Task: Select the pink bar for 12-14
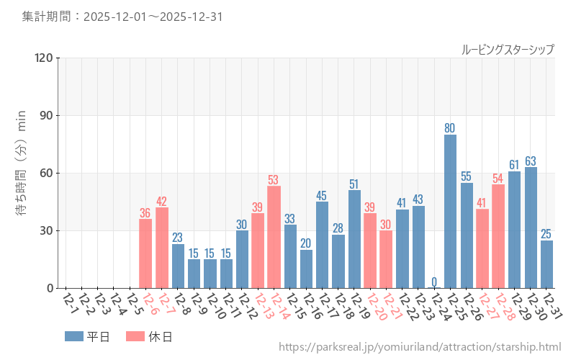click(x=274, y=237)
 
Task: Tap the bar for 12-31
click(x=547, y=264)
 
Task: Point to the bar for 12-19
click(x=354, y=239)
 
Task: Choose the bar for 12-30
click(x=531, y=228)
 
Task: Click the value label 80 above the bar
click(x=450, y=128)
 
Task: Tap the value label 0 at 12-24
click(x=434, y=282)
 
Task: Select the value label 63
click(x=531, y=161)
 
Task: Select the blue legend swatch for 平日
click(x=74, y=336)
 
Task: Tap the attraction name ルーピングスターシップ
click(x=508, y=49)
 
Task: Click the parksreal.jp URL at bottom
click(x=419, y=347)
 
